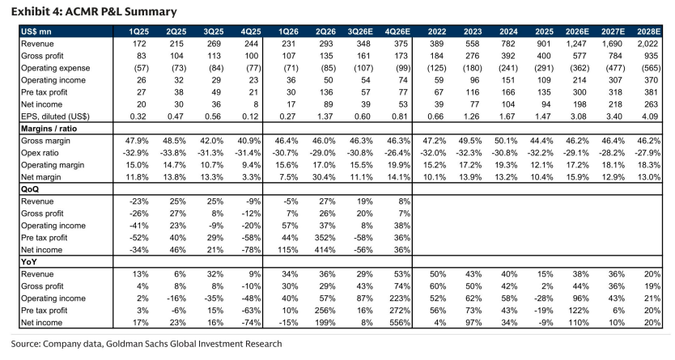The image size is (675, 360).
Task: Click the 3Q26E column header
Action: (360, 32)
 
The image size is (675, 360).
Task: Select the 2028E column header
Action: (648, 32)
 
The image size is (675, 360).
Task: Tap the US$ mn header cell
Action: (36, 32)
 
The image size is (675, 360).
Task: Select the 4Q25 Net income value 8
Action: (256, 104)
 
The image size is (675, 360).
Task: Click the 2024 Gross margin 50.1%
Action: (506, 141)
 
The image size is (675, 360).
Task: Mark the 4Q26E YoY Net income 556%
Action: (401, 322)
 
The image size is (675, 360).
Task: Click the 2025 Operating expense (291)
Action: (544, 68)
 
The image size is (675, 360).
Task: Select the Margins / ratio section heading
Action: (49, 129)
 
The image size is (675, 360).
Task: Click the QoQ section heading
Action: (30, 189)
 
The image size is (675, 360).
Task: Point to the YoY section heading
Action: (29, 261)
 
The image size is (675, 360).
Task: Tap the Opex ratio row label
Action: (40, 153)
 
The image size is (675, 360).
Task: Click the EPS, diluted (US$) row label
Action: (56, 116)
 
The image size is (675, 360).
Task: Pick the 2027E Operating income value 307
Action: (615, 80)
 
